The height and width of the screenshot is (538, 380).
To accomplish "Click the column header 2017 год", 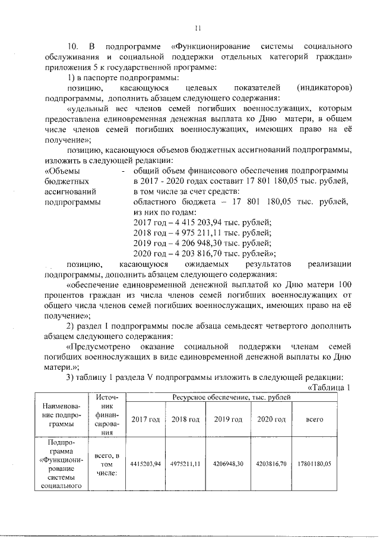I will tap(145, 419).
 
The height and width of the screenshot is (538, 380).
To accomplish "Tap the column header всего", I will tap(314, 419).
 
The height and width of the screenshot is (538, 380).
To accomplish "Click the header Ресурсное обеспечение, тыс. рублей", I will tap(232, 395).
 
